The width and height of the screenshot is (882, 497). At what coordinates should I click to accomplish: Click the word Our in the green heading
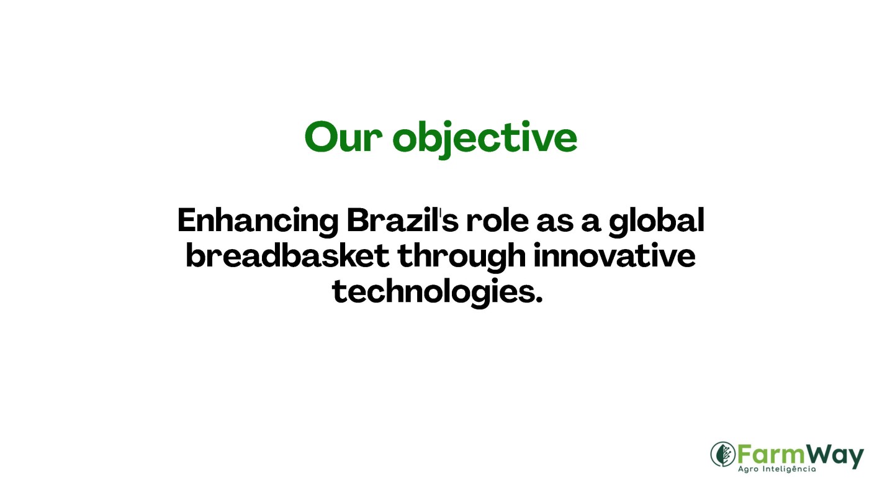343,137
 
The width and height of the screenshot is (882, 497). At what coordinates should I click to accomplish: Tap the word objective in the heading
485,139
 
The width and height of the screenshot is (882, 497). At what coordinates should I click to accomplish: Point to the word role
498,220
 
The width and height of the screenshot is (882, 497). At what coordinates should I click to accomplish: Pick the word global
657,222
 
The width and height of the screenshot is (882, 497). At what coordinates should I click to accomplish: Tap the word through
461,257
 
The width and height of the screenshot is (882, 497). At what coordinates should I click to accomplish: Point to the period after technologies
539,299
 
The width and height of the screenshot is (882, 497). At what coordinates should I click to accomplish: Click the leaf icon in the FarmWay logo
723,454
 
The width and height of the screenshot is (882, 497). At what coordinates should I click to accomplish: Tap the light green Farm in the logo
771,455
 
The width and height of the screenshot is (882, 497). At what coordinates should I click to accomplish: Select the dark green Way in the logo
834,457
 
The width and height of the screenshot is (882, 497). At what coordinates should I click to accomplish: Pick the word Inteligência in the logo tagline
789,469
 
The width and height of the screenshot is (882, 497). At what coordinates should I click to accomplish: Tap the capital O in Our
322,137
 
